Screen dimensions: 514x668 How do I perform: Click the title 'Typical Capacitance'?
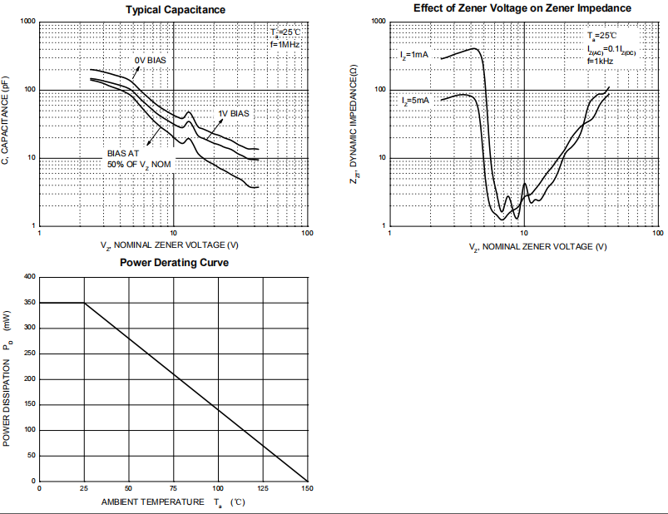click(175, 10)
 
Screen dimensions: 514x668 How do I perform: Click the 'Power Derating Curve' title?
click(174, 263)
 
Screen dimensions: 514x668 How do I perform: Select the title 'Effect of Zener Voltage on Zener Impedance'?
click(522, 8)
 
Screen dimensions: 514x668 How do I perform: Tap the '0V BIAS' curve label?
click(151, 60)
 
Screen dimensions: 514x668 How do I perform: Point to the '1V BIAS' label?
click(235, 113)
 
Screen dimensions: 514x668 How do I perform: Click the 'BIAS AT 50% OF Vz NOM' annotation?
click(139, 158)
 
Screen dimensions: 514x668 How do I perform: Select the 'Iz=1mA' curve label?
click(414, 55)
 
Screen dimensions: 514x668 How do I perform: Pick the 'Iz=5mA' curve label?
click(414, 101)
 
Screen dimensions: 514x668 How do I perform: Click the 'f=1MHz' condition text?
click(285, 43)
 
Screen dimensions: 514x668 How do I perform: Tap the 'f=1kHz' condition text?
click(600, 61)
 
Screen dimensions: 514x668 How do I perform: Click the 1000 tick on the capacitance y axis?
click(27, 22)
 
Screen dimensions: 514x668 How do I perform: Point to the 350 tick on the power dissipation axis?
click(30, 302)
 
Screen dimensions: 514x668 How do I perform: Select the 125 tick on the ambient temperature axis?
click(262, 487)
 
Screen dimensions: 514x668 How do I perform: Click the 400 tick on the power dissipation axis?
click(30, 276)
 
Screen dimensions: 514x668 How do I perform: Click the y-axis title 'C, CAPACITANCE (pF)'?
click(7, 123)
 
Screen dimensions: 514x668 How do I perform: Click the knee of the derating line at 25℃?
click(84, 303)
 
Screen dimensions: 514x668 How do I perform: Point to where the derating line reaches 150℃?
click(307, 481)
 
